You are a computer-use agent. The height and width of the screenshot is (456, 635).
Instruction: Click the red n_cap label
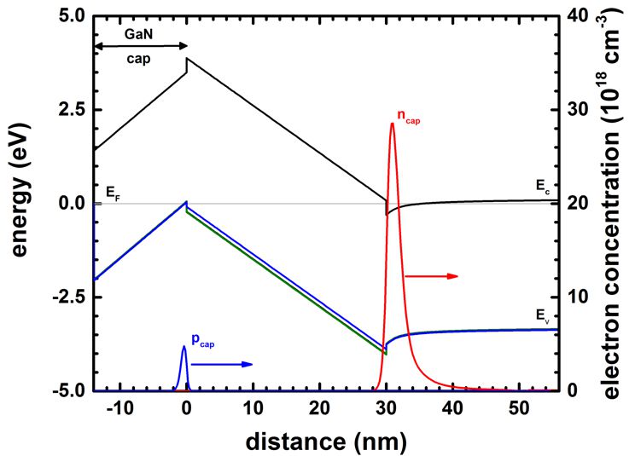[x=409, y=115]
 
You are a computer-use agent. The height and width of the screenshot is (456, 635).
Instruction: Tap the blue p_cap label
[x=202, y=339]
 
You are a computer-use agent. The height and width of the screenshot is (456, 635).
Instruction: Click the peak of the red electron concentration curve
[x=392, y=124]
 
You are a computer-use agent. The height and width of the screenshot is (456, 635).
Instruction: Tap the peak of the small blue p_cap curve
[x=184, y=346]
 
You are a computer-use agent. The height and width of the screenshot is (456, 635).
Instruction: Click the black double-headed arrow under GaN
[x=140, y=46]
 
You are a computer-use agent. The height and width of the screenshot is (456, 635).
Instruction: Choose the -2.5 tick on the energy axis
[x=69, y=297]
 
